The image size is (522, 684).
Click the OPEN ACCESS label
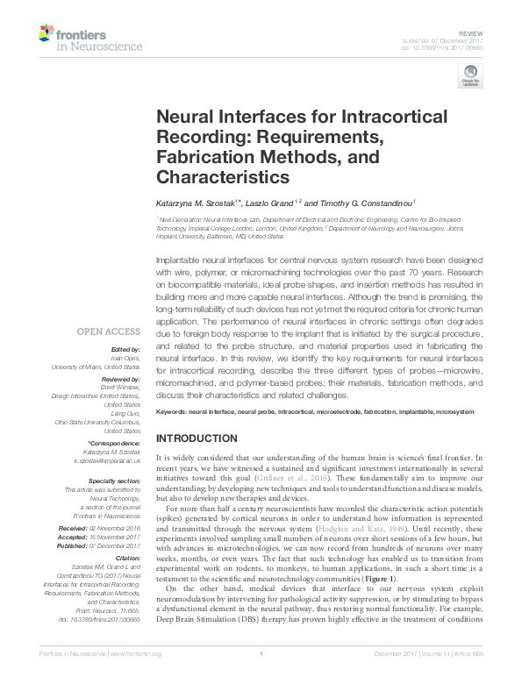pyautogui.click(x=108, y=331)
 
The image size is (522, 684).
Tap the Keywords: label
pyautogui.click(x=176, y=411)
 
